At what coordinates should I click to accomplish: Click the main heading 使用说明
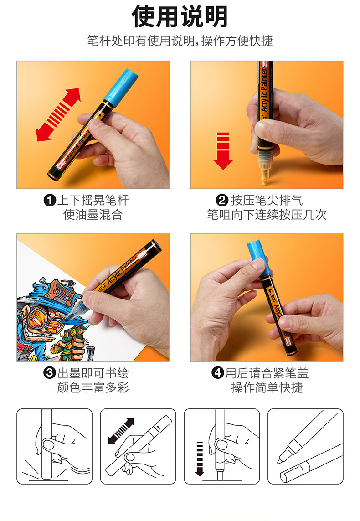180,16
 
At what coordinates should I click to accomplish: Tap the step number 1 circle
50,200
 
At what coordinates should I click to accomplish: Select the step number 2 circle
222,200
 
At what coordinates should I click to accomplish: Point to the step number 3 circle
50,372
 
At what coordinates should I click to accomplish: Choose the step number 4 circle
218,372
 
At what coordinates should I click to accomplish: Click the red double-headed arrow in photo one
58,114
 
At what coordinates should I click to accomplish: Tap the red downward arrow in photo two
223,151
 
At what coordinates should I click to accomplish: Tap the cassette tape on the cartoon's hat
60,291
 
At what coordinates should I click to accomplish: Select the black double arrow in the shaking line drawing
121,431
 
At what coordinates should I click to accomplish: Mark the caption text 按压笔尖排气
267,201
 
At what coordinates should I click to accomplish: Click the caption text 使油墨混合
93,215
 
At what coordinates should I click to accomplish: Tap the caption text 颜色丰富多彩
93,387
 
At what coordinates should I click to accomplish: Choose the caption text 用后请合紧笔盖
267,373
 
